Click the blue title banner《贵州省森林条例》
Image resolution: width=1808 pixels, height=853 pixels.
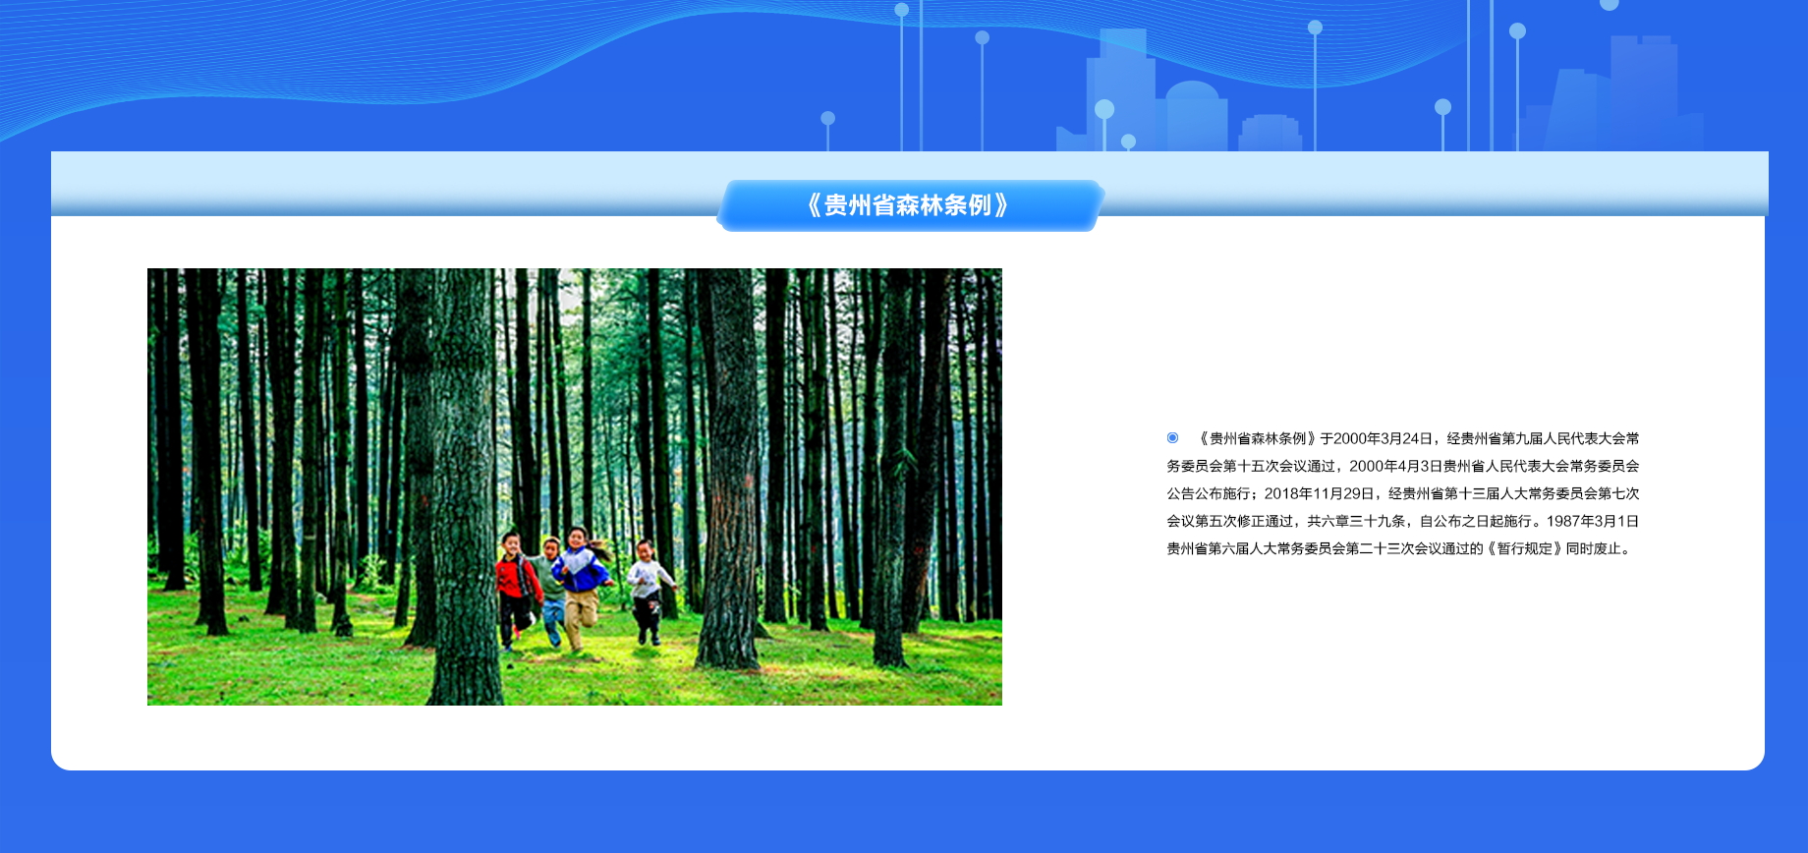(x=910, y=205)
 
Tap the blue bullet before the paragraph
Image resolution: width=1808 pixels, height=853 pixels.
(x=1172, y=437)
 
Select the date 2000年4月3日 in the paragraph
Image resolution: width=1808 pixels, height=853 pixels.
(x=1395, y=466)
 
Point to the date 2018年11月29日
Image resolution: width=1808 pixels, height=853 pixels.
(x=1319, y=493)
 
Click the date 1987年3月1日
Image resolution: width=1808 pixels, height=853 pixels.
(x=1592, y=521)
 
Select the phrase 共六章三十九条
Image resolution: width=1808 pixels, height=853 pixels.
(x=1356, y=521)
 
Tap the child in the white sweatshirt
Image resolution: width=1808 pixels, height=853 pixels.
(x=649, y=592)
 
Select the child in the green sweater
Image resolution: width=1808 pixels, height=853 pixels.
(x=551, y=590)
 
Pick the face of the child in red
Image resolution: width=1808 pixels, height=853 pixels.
(x=511, y=543)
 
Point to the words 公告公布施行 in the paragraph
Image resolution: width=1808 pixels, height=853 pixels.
(x=1208, y=493)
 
